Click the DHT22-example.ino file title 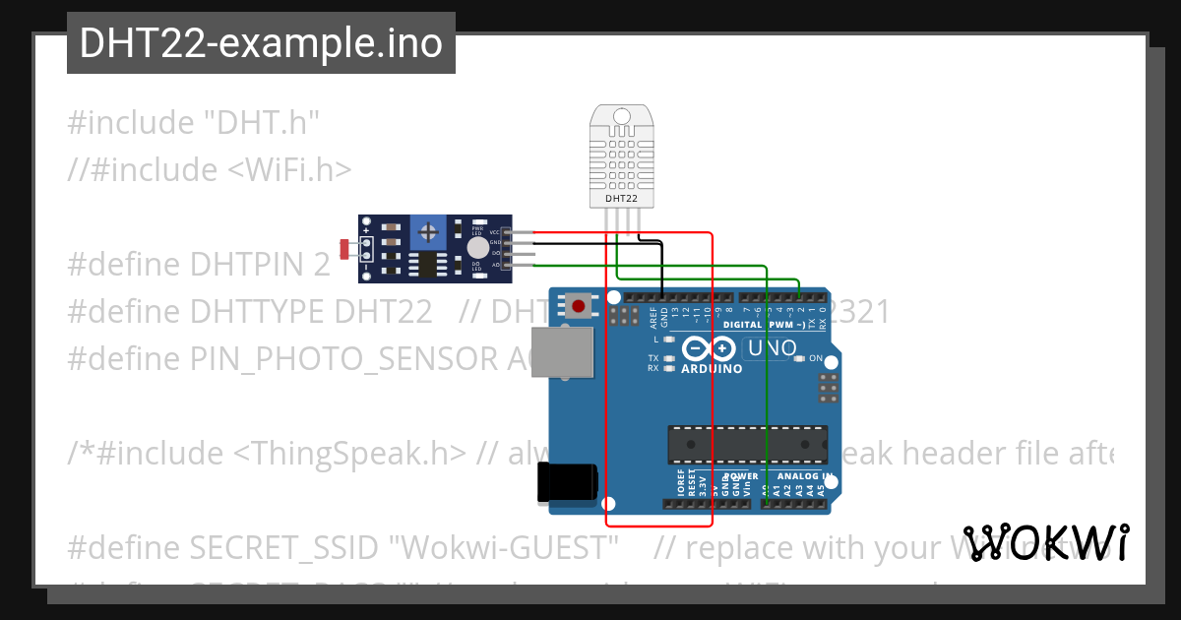(x=261, y=43)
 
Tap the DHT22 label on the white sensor (x=621, y=198)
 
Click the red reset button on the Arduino (x=578, y=307)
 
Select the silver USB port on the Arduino (x=563, y=352)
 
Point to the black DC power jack (x=566, y=483)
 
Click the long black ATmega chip (x=748, y=445)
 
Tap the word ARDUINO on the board (x=712, y=369)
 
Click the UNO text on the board (x=773, y=347)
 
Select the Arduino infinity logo (x=709, y=348)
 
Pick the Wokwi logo (x=1045, y=542)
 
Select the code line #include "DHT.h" (x=194, y=123)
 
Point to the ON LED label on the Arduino (x=815, y=358)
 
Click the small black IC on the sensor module (x=428, y=263)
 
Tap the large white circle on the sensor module (x=477, y=248)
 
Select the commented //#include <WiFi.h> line (x=210, y=169)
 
